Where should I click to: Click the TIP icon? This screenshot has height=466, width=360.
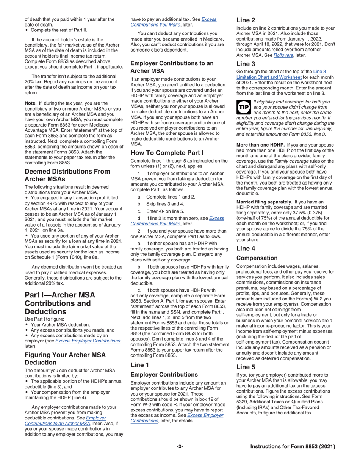click(x=243, y=107)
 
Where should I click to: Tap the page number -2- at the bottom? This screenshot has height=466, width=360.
click(x=180, y=447)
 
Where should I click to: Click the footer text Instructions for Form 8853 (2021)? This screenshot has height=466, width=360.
click(x=293, y=447)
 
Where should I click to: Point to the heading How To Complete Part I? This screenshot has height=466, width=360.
click(x=167, y=153)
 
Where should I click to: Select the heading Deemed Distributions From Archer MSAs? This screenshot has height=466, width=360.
click(x=67, y=175)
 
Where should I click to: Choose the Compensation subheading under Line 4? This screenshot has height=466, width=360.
click(x=257, y=258)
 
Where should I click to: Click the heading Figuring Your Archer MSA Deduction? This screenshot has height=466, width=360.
click(x=65, y=358)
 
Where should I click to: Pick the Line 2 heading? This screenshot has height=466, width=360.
click(x=248, y=20)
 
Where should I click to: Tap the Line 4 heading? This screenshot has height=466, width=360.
click(x=248, y=248)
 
